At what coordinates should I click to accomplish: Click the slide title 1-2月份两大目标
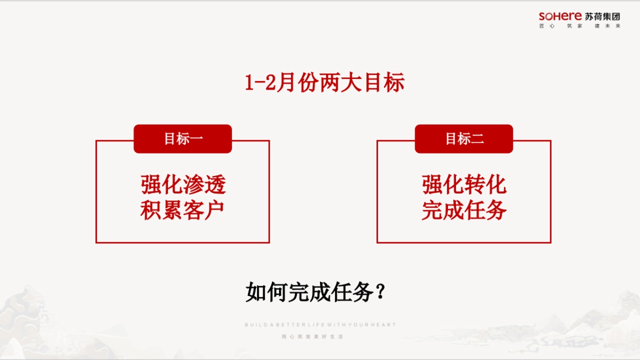324,83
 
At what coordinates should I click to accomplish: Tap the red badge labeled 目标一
182,139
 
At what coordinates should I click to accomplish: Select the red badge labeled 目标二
464,139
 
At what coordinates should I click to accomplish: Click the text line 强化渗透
183,185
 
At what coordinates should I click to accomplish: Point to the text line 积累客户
182,210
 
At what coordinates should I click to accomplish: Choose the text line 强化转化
464,185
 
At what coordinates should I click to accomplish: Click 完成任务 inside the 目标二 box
464,210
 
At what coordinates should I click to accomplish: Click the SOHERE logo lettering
560,17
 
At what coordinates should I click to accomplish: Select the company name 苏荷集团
603,17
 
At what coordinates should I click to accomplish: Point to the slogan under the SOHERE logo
580,26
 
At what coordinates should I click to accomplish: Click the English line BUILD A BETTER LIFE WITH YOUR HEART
320,325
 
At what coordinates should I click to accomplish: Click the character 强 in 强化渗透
151,185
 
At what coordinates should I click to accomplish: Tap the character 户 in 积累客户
214,210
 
